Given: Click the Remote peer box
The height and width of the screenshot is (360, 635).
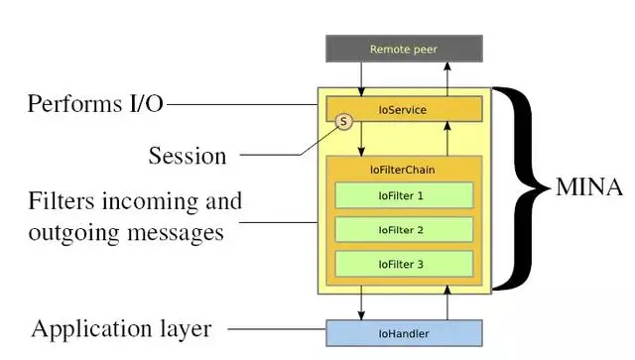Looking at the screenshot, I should pos(404,49).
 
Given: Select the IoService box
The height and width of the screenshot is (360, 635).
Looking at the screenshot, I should pos(404,109).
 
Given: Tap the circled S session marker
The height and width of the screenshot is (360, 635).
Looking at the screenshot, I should pos(343,122).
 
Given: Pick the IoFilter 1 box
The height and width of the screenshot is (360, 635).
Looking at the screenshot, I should pos(403,195).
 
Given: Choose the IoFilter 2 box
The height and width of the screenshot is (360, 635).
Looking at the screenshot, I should pos(403,230).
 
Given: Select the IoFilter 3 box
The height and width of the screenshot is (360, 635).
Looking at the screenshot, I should pos(403,264).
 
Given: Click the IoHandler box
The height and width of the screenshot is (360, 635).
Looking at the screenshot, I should pos(404,333).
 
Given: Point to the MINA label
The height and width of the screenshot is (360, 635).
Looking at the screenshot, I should pos(589,185).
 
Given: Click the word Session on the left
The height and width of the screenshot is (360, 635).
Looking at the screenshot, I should pos(188,156).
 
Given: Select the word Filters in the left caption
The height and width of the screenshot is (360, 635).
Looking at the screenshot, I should pos(62,202).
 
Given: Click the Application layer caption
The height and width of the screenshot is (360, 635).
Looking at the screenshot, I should pos(120,328).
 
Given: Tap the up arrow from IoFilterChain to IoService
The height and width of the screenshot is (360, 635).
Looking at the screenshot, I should pos(448,139).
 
